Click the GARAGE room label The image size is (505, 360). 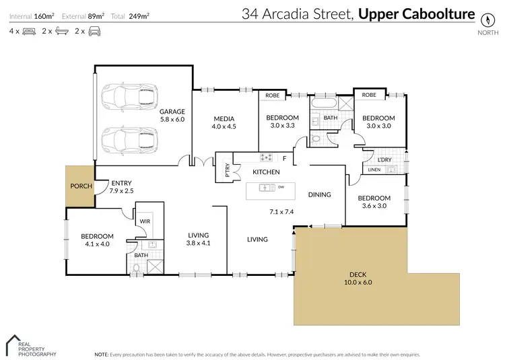pos(172,112)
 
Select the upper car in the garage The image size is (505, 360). pos(128,98)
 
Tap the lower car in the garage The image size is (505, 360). pos(128,141)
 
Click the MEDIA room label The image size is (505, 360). pos(225,112)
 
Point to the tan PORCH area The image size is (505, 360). pos(79,186)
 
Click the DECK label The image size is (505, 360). pos(358,274)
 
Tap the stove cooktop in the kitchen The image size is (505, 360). pos(266,158)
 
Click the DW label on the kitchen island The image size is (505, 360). pos(281,188)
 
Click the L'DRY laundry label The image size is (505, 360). pos(384,159)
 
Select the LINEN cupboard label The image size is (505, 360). pos(374,170)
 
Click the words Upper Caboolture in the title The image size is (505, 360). pos(415,14)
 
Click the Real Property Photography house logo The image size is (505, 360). pos(15,343)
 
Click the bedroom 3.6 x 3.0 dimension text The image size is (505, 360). pos(374,206)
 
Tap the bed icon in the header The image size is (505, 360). pos(30,31)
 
